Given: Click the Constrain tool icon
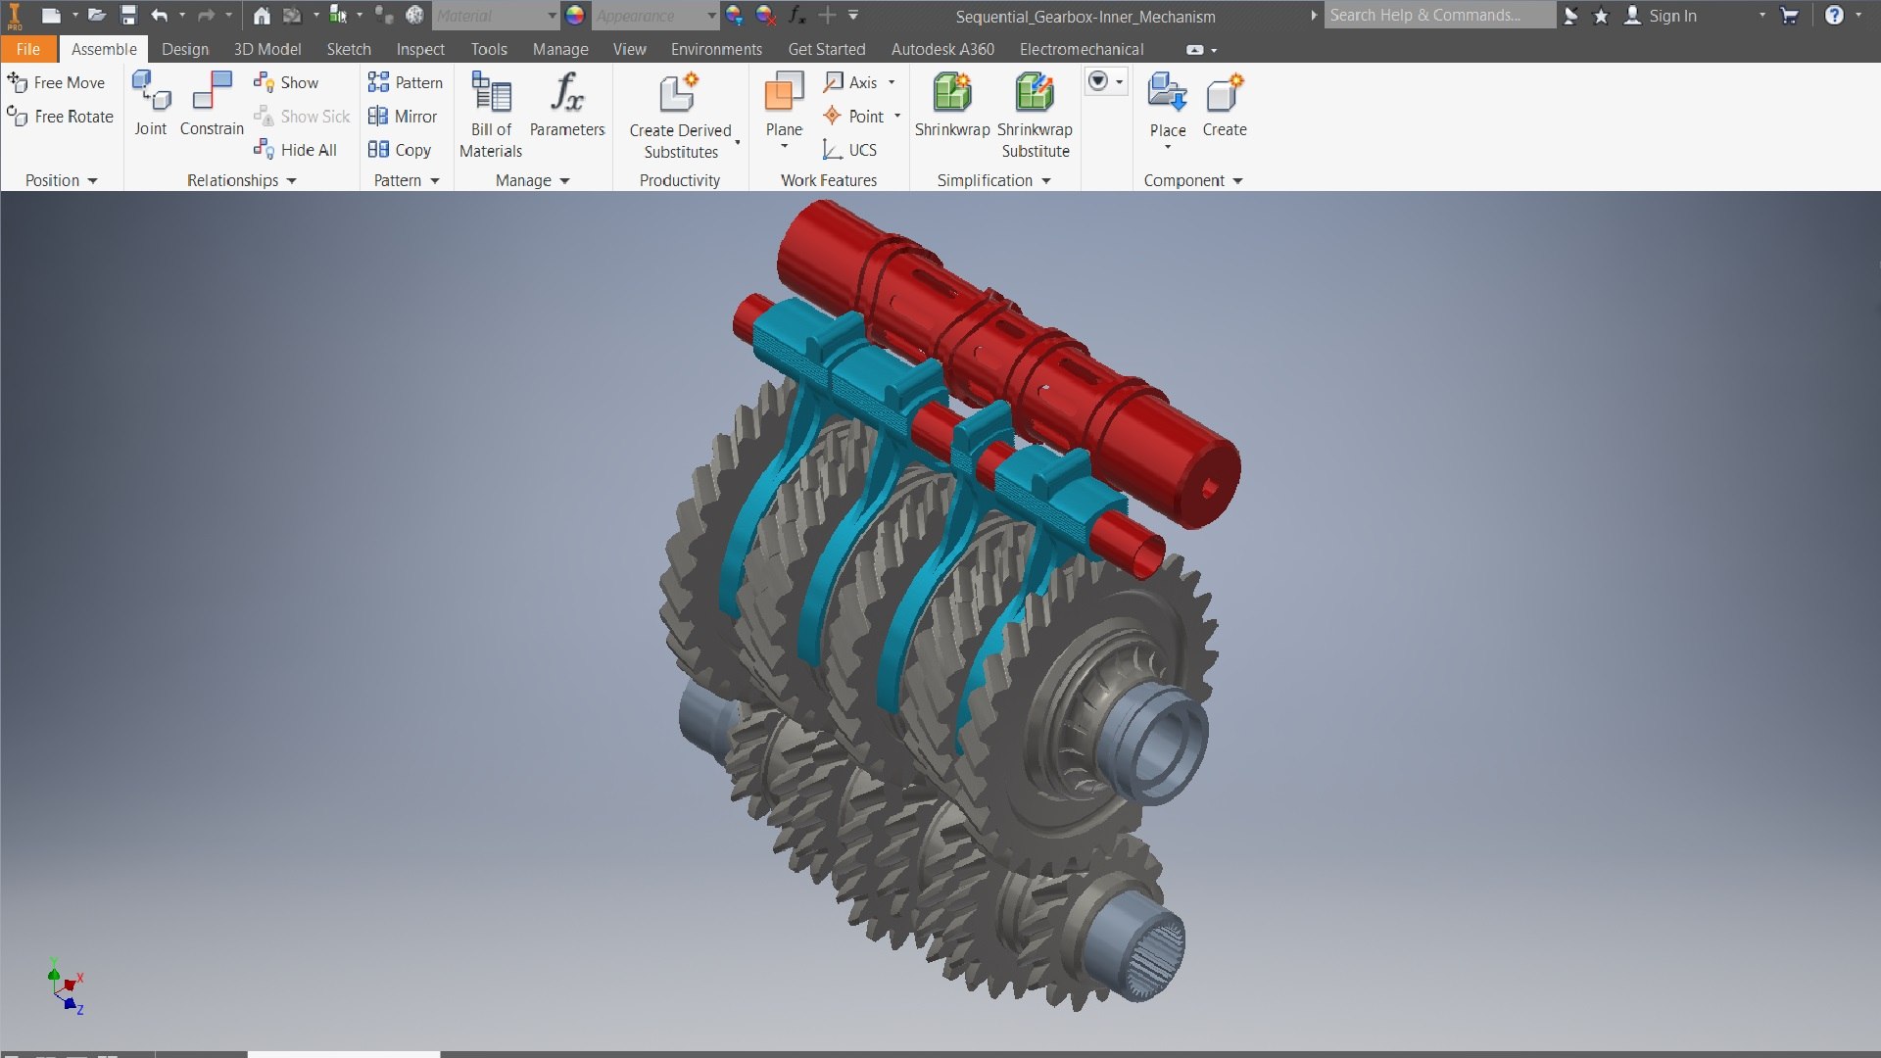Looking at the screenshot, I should [212, 94].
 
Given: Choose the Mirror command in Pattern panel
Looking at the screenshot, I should [403, 117].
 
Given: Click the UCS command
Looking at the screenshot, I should [849, 150].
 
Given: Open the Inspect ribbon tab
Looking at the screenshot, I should [419, 49].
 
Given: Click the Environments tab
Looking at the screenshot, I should [716, 49].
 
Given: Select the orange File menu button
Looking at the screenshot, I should [27, 49].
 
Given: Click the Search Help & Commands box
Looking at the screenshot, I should [1437, 16].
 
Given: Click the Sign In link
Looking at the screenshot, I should [1671, 16].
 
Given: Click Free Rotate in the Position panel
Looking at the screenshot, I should [61, 117].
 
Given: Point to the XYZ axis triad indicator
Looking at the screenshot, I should [65, 987].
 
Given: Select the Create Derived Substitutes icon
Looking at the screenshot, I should [679, 94].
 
